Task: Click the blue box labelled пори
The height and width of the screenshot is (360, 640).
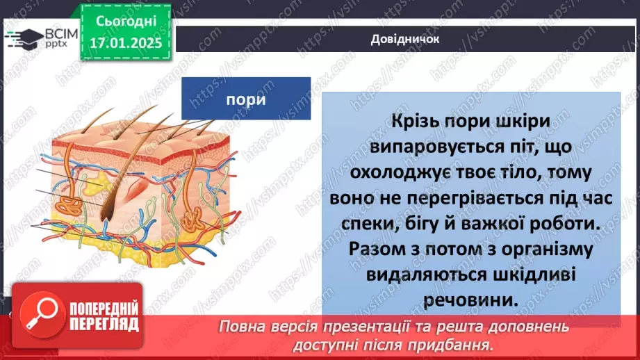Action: pyautogui.click(x=246, y=99)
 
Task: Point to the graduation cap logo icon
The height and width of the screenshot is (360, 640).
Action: pyautogui.click(x=26, y=37)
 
